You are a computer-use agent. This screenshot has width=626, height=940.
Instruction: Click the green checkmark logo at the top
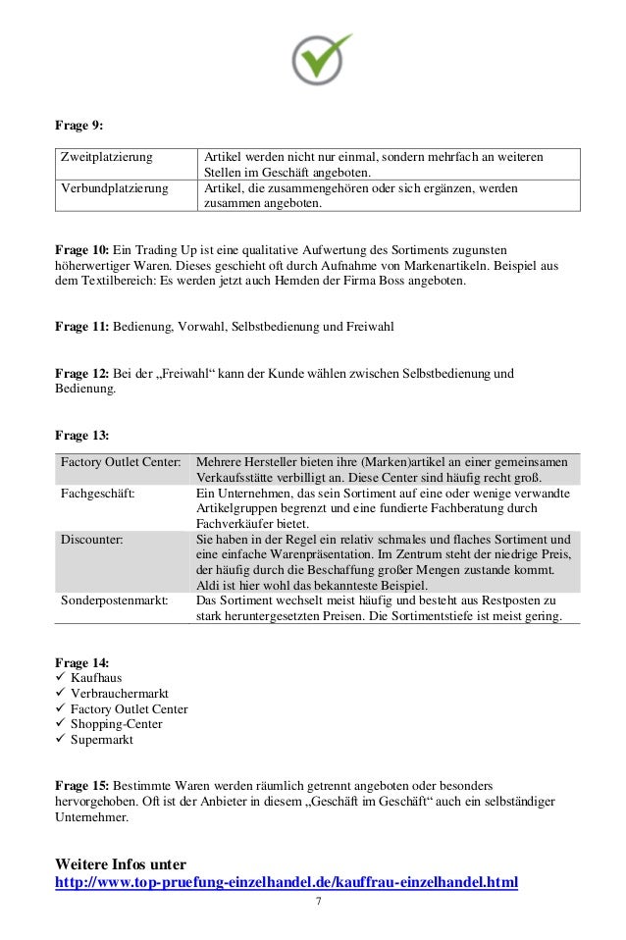tap(322, 58)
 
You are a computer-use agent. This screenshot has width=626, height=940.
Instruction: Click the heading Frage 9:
tap(78, 127)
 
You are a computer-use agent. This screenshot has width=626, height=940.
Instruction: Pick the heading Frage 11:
tap(81, 325)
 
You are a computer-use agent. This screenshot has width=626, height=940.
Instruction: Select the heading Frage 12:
tap(81, 374)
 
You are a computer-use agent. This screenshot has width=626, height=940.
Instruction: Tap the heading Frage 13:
tap(81, 435)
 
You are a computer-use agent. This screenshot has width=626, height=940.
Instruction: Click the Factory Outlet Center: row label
tap(122, 461)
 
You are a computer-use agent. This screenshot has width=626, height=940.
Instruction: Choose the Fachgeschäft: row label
tap(98, 493)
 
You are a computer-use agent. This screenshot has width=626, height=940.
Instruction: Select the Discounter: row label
tap(93, 539)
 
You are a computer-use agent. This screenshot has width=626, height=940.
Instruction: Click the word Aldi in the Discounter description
tap(208, 585)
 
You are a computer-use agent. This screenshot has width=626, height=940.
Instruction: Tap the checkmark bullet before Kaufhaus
tap(60, 677)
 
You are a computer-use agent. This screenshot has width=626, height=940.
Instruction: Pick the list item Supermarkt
tap(102, 740)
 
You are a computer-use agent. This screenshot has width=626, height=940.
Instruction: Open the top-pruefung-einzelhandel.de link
tap(286, 881)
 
